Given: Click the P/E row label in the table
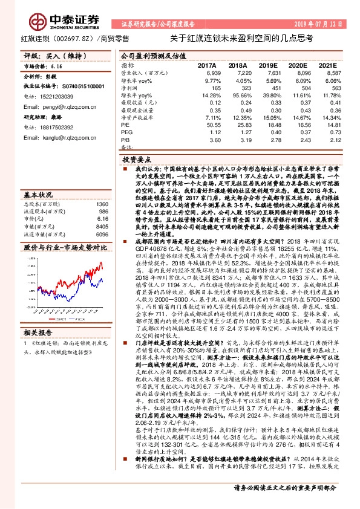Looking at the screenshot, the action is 125,123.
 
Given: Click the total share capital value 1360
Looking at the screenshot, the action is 103,204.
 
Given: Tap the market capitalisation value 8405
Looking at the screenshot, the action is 103,226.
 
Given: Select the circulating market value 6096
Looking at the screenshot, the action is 103,233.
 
